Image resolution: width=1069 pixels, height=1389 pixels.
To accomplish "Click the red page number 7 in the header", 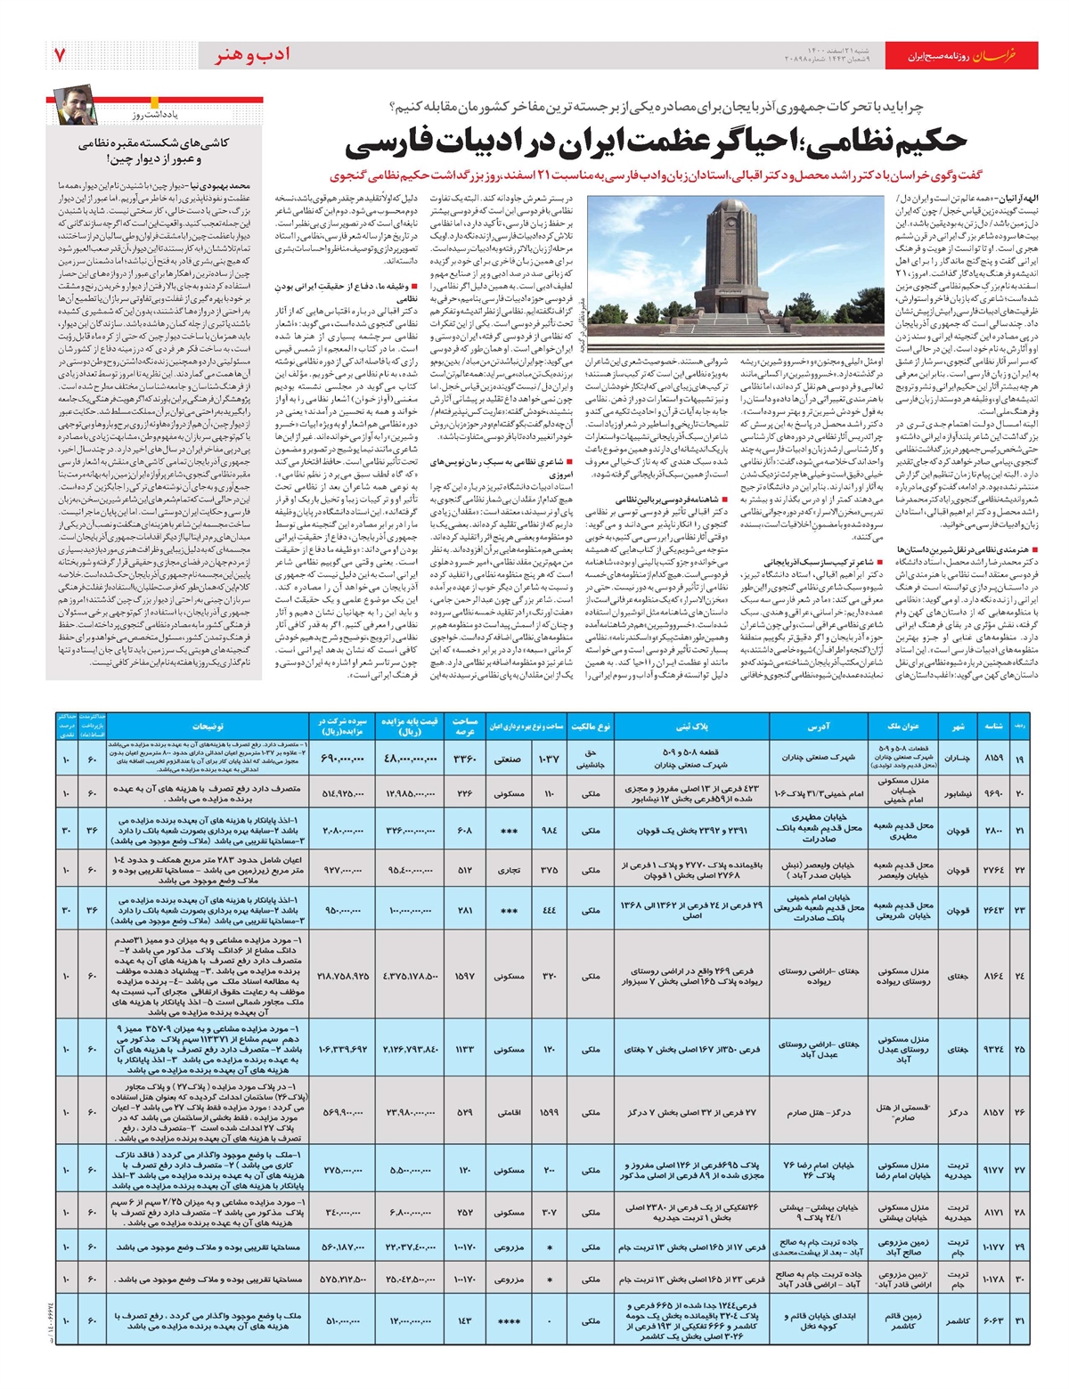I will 61,55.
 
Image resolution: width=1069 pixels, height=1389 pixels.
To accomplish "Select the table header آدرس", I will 818,727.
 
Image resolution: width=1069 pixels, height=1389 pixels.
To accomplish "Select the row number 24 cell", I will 1019,976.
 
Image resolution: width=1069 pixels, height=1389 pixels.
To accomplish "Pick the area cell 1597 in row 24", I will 465,976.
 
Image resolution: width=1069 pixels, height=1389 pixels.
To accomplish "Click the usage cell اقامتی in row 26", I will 510,1112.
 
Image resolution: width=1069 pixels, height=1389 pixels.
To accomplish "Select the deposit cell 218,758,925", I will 342,976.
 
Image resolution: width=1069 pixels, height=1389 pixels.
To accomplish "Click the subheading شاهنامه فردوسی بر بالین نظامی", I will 659,500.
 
